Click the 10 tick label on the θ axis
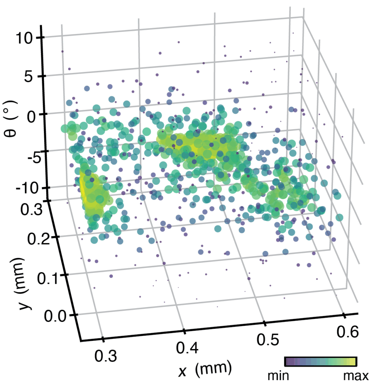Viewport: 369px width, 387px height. point(25,38)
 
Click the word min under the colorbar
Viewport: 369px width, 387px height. point(279,376)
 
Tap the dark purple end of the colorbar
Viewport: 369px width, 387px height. point(288,362)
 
